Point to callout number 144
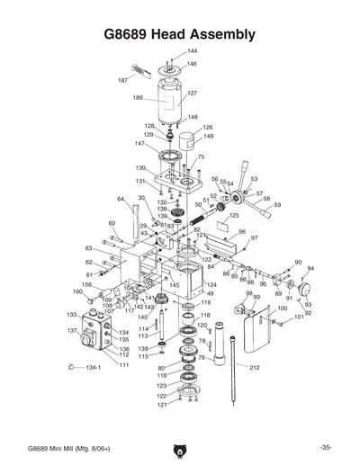point(192,51)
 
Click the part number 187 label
point(122,80)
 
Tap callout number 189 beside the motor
point(138,98)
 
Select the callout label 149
point(208,137)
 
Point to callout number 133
point(71,316)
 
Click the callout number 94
point(310,268)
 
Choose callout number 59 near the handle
point(277,205)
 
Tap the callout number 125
point(234,216)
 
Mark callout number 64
point(120,199)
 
